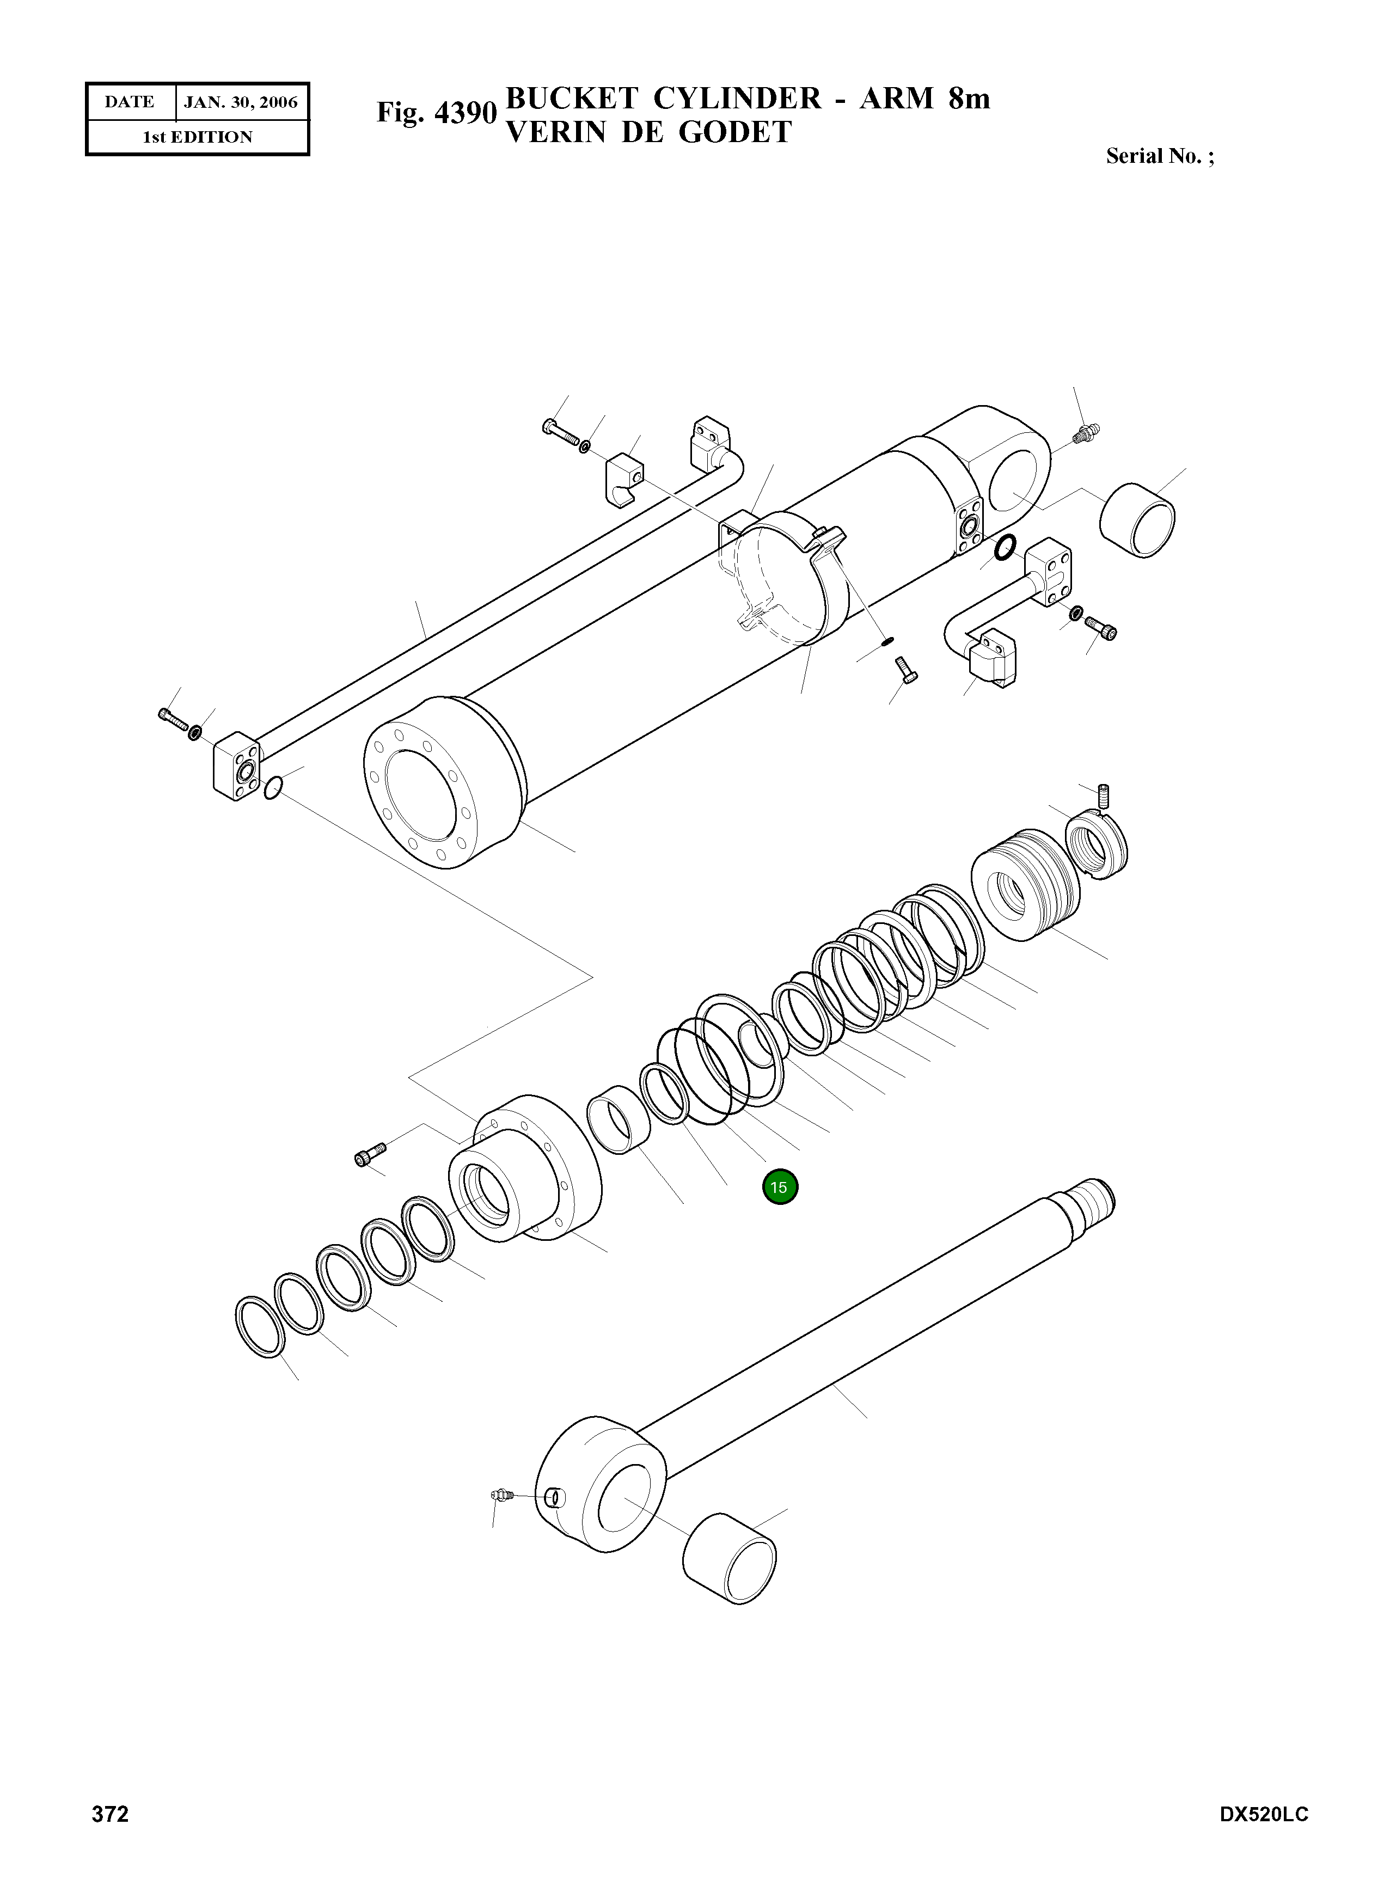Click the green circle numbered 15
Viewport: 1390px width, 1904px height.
[x=779, y=1187]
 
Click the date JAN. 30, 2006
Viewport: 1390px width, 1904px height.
[x=241, y=103]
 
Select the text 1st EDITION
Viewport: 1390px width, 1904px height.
[x=197, y=137]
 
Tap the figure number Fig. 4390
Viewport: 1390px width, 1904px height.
[x=437, y=113]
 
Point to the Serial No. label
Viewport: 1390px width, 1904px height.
[x=1159, y=156]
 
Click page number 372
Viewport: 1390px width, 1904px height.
[x=110, y=1838]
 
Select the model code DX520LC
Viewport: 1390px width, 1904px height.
[x=1264, y=1838]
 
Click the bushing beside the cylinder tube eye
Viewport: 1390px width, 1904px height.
[x=1137, y=520]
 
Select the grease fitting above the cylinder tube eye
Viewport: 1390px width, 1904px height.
[x=1087, y=434]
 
